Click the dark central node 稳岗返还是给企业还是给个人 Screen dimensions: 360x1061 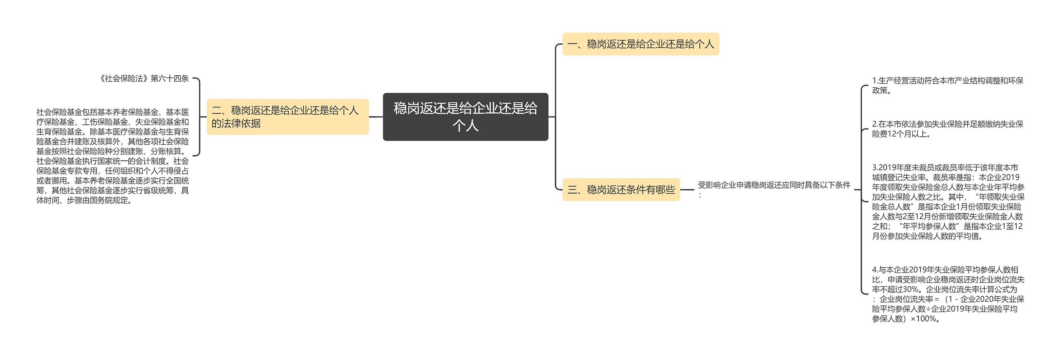pos(465,116)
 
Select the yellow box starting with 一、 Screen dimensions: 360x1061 pos(640,44)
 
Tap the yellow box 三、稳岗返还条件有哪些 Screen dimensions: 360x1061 pos(621,190)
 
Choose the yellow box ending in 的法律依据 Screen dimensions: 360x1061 pos(287,116)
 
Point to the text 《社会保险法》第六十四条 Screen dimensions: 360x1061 pos(144,79)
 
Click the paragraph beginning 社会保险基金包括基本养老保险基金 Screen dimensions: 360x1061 pos(112,156)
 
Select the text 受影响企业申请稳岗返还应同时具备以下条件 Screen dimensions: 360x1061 pos(774,185)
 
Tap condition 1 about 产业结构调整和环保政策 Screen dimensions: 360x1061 pos(947,85)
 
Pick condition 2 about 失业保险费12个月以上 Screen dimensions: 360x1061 pos(947,129)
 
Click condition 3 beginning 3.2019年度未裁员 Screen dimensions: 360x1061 pos(947,202)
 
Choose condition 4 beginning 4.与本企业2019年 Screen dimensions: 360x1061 pos(947,294)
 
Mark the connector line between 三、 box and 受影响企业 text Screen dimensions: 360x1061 pos(687,190)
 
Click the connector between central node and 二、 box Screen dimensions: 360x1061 pos(376,117)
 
